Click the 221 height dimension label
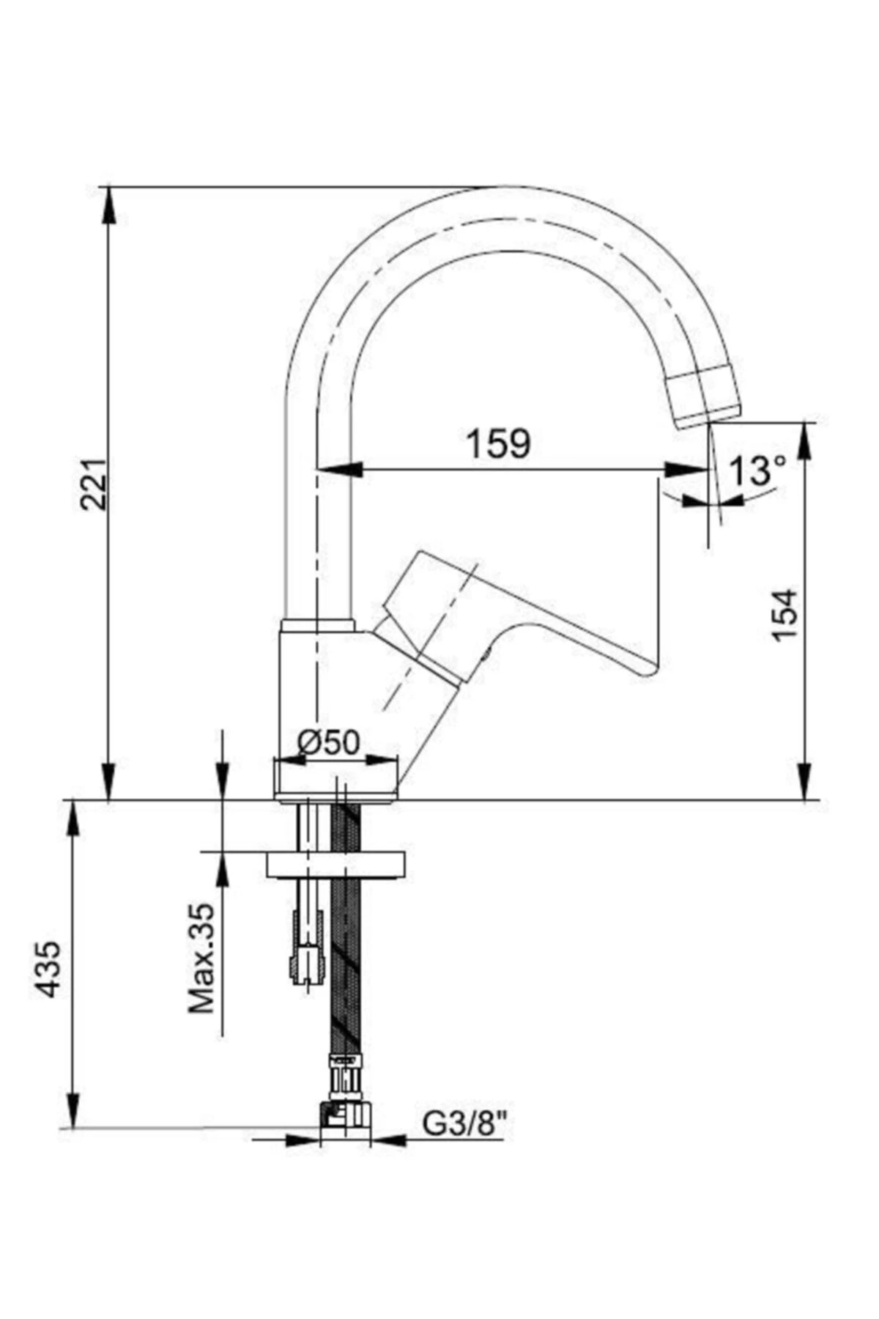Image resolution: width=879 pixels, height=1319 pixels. (x=94, y=484)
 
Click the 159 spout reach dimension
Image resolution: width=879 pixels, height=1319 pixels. (x=498, y=444)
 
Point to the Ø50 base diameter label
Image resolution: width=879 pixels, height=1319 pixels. (x=329, y=743)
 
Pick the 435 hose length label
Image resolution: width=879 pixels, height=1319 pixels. (x=50, y=969)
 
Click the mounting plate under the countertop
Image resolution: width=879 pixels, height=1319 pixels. (x=335, y=864)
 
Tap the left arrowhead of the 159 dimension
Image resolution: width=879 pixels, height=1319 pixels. (x=344, y=470)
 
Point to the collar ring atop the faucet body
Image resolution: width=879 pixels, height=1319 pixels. (x=318, y=625)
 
